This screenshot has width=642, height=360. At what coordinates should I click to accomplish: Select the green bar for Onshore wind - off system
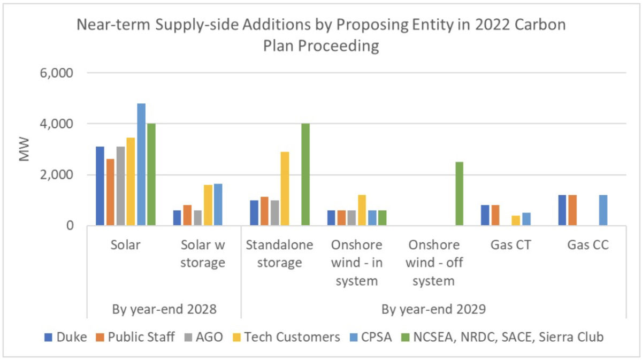click(x=459, y=194)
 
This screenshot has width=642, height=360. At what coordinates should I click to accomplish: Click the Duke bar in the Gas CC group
click(x=562, y=210)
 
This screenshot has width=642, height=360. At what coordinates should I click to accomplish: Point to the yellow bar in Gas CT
click(x=515, y=220)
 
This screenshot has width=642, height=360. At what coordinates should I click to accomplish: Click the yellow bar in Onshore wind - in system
click(x=362, y=210)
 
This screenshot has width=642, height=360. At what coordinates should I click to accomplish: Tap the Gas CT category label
click(x=510, y=246)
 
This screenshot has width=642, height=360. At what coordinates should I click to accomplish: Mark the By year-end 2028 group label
click(x=164, y=309)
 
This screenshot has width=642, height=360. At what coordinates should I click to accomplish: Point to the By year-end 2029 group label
click(x=433, y=309)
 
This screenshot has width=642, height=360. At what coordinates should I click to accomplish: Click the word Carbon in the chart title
click(x=541, y=26)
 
